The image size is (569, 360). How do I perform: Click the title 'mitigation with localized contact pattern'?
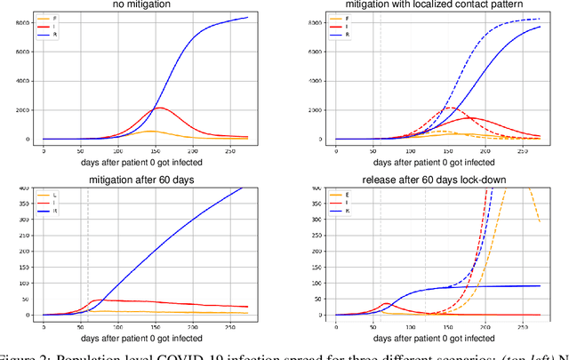[440, 5]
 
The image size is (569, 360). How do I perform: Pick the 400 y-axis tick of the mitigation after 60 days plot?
[23, 187]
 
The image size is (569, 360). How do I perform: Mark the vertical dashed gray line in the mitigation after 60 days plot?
[88, 249]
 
